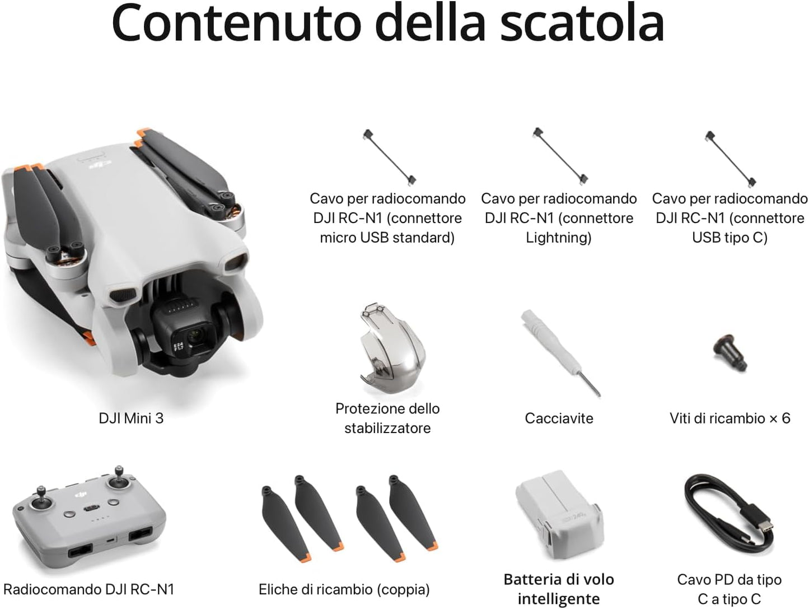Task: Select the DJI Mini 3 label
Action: (x=131, y=418)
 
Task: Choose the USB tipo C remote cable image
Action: (x=731, y=158)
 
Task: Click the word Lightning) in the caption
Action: (x=558, y=238)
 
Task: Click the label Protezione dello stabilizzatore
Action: (x=387, y=418)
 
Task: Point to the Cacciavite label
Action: (x=559, y=418)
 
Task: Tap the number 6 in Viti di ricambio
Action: (x=785, y=418)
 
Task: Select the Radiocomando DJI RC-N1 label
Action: (x=89, y=589)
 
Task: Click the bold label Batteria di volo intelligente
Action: (x=558, y=589)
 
